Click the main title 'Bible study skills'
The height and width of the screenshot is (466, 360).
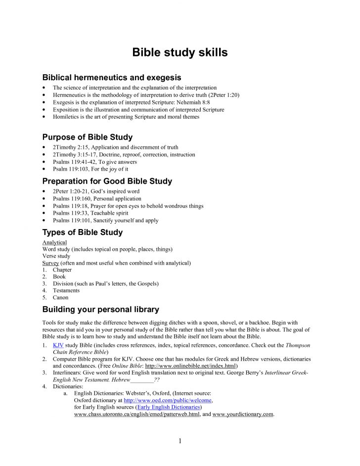(180, 53)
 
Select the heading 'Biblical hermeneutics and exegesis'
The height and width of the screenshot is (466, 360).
(112, 78)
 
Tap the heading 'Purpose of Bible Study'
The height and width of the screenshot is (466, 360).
(88, 137)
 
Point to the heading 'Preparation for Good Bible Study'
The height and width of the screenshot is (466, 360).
(107, 181)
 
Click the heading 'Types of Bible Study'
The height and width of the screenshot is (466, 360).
(83, 232)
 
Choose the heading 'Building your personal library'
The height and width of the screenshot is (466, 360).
(101, 310)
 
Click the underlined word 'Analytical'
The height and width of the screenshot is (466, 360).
(54, 242)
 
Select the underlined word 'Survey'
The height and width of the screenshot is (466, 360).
(50, 263)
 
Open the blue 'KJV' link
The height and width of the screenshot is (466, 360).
(58, 345)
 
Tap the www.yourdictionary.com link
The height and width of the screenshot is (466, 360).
(243, 414)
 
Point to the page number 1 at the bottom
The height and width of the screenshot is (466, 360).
(180, 441)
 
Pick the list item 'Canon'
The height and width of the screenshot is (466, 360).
(60, 298)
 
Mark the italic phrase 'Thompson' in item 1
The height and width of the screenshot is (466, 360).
(298, 345)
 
